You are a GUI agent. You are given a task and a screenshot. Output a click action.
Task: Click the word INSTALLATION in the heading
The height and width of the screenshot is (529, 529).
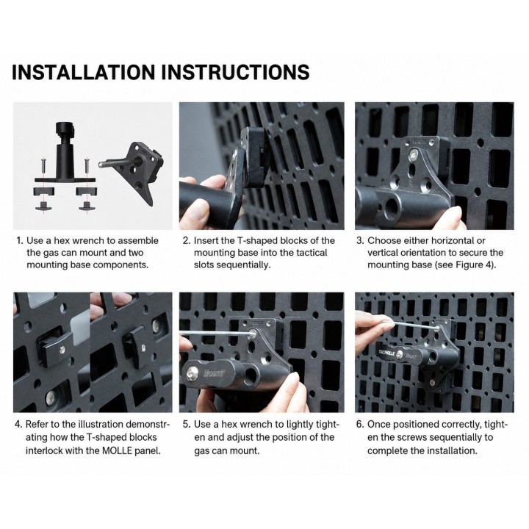pos(84,72)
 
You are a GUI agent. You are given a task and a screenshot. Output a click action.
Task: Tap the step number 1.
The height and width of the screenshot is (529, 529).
pos(20,240)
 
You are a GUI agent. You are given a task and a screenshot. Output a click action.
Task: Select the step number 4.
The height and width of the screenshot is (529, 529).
pos(18,424)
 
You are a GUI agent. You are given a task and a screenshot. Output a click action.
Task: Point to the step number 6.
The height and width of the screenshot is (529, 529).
pos(360,424)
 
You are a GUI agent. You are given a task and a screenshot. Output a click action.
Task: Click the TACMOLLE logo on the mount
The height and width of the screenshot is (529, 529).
pos(386,352)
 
